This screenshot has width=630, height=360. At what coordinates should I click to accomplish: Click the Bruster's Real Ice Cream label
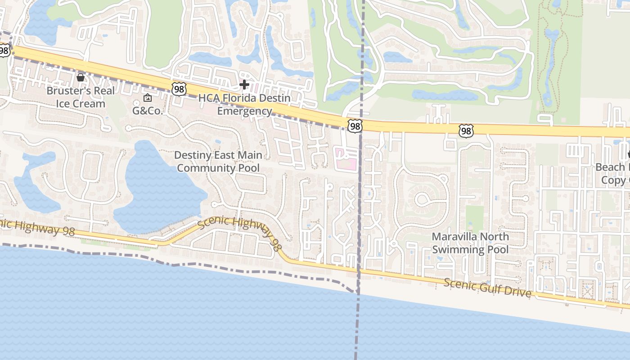81,97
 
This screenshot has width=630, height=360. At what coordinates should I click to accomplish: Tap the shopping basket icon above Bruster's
81,78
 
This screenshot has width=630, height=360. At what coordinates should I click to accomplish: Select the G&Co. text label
147,111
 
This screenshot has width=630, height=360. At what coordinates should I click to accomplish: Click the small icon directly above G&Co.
147,98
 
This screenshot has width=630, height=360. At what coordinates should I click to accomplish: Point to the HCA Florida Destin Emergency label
244,104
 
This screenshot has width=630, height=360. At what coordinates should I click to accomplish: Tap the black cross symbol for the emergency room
244,84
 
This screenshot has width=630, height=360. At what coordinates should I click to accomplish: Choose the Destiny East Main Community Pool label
218,162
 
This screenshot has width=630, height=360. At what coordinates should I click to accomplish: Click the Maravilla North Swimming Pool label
470,243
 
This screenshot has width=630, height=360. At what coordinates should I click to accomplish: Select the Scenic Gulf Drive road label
487,288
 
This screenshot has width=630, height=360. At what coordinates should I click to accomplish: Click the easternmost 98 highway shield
466,131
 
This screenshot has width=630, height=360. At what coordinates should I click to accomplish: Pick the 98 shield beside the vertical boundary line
355,126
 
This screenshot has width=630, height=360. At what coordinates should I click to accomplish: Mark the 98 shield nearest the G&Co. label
179,89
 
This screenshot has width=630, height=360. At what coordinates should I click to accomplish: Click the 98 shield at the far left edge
4,50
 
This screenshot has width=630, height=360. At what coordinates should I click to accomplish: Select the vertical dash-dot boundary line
360,202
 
